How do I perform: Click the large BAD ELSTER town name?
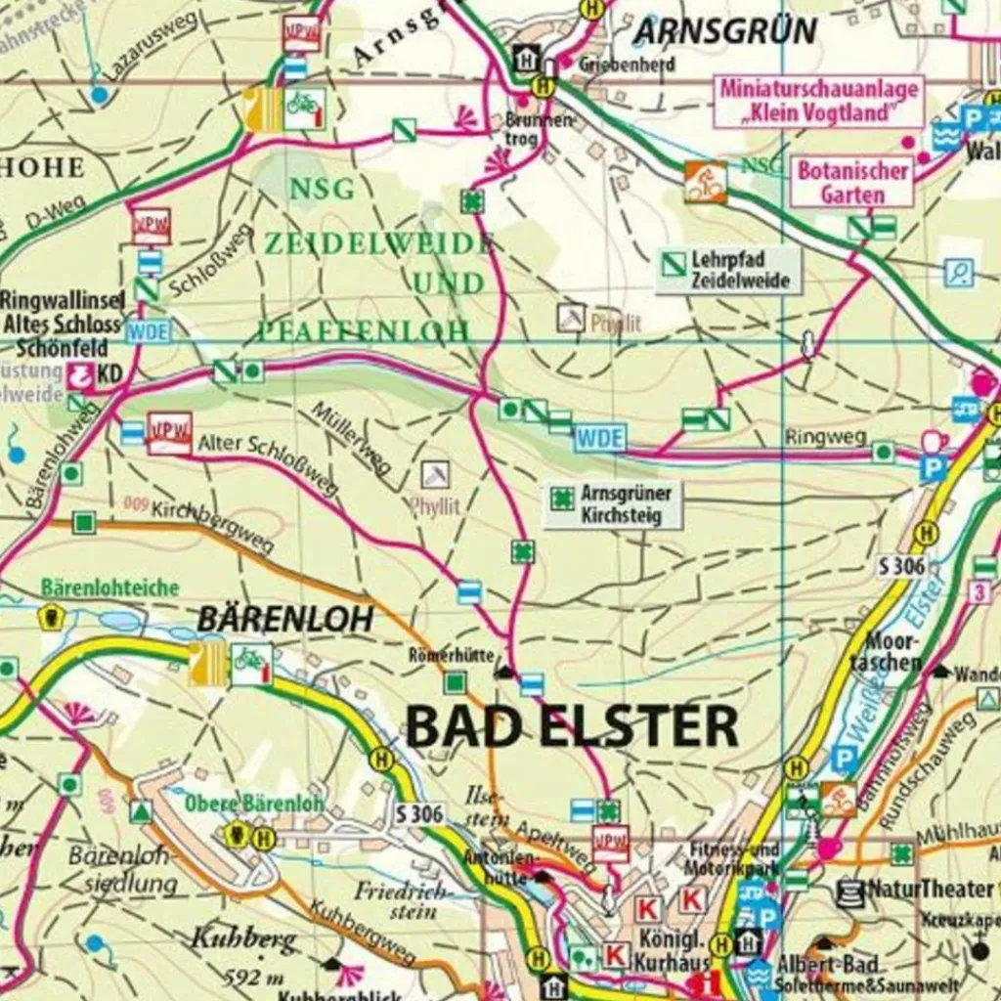tap(571, 727)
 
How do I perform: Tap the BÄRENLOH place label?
tap(284, 619)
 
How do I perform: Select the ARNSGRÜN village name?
tap(724, 31)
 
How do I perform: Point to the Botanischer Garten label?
tap(851, 182)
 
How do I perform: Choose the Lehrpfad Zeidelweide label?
tap(728, 270)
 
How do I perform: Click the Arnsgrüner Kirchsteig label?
tap(614, 504)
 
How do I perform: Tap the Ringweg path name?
tap(825, 438)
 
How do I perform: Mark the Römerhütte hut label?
tap(452, 656)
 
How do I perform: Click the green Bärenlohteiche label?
tap(109, 588)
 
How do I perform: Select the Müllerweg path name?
tap(351, 438)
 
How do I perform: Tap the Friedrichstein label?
tap(402, 900)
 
